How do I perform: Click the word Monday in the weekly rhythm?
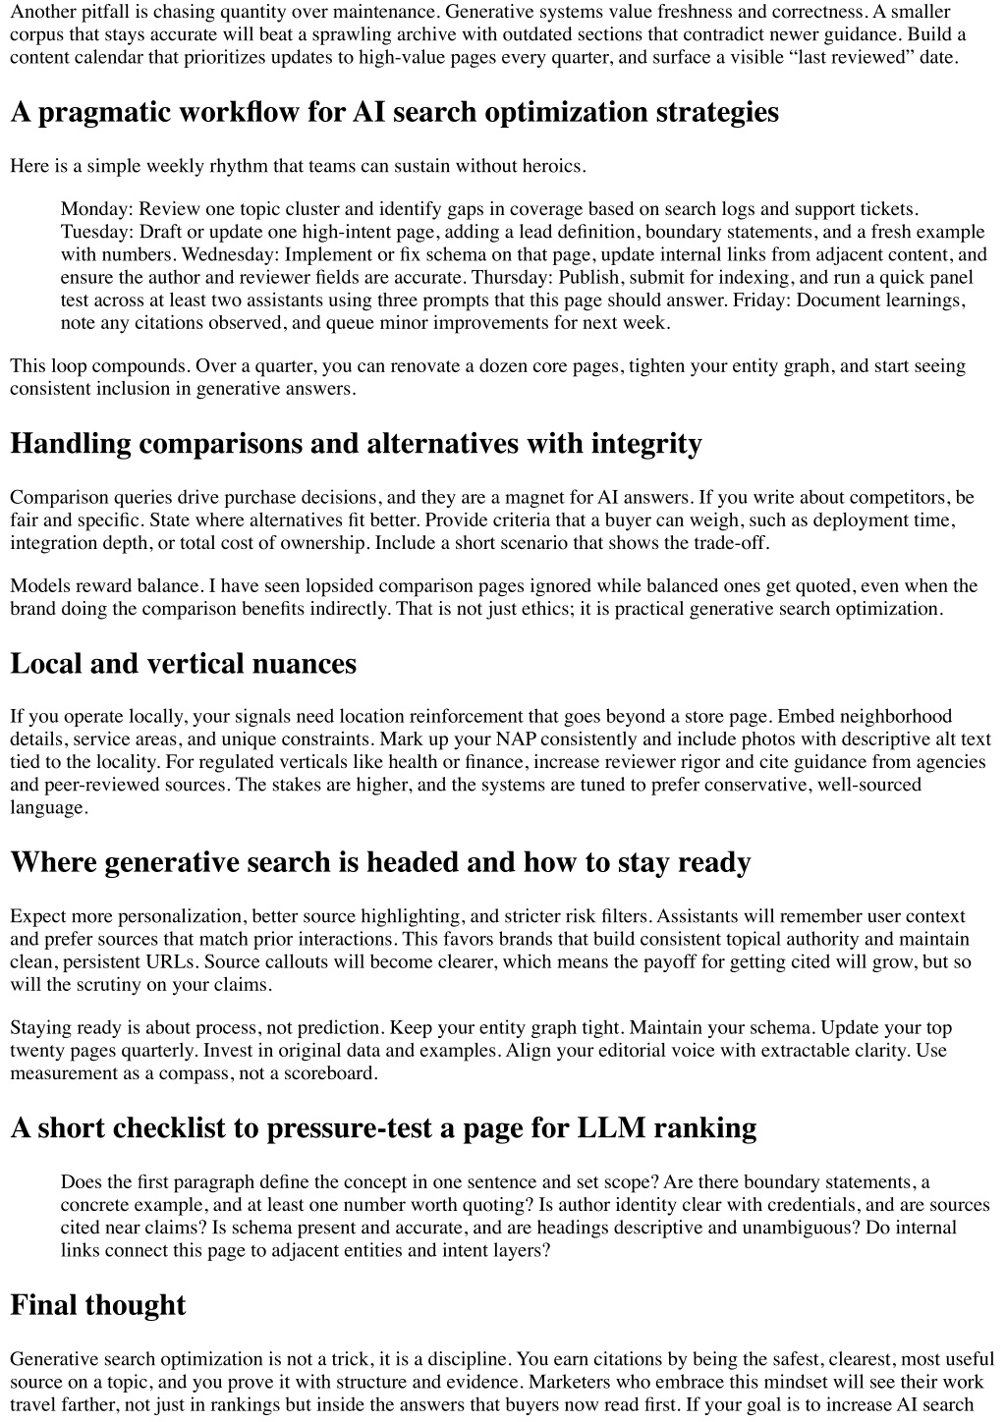96,209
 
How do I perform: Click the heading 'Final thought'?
97,1305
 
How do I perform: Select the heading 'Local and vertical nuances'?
183,664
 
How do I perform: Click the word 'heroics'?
554,166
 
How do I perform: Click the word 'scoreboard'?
330,1073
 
